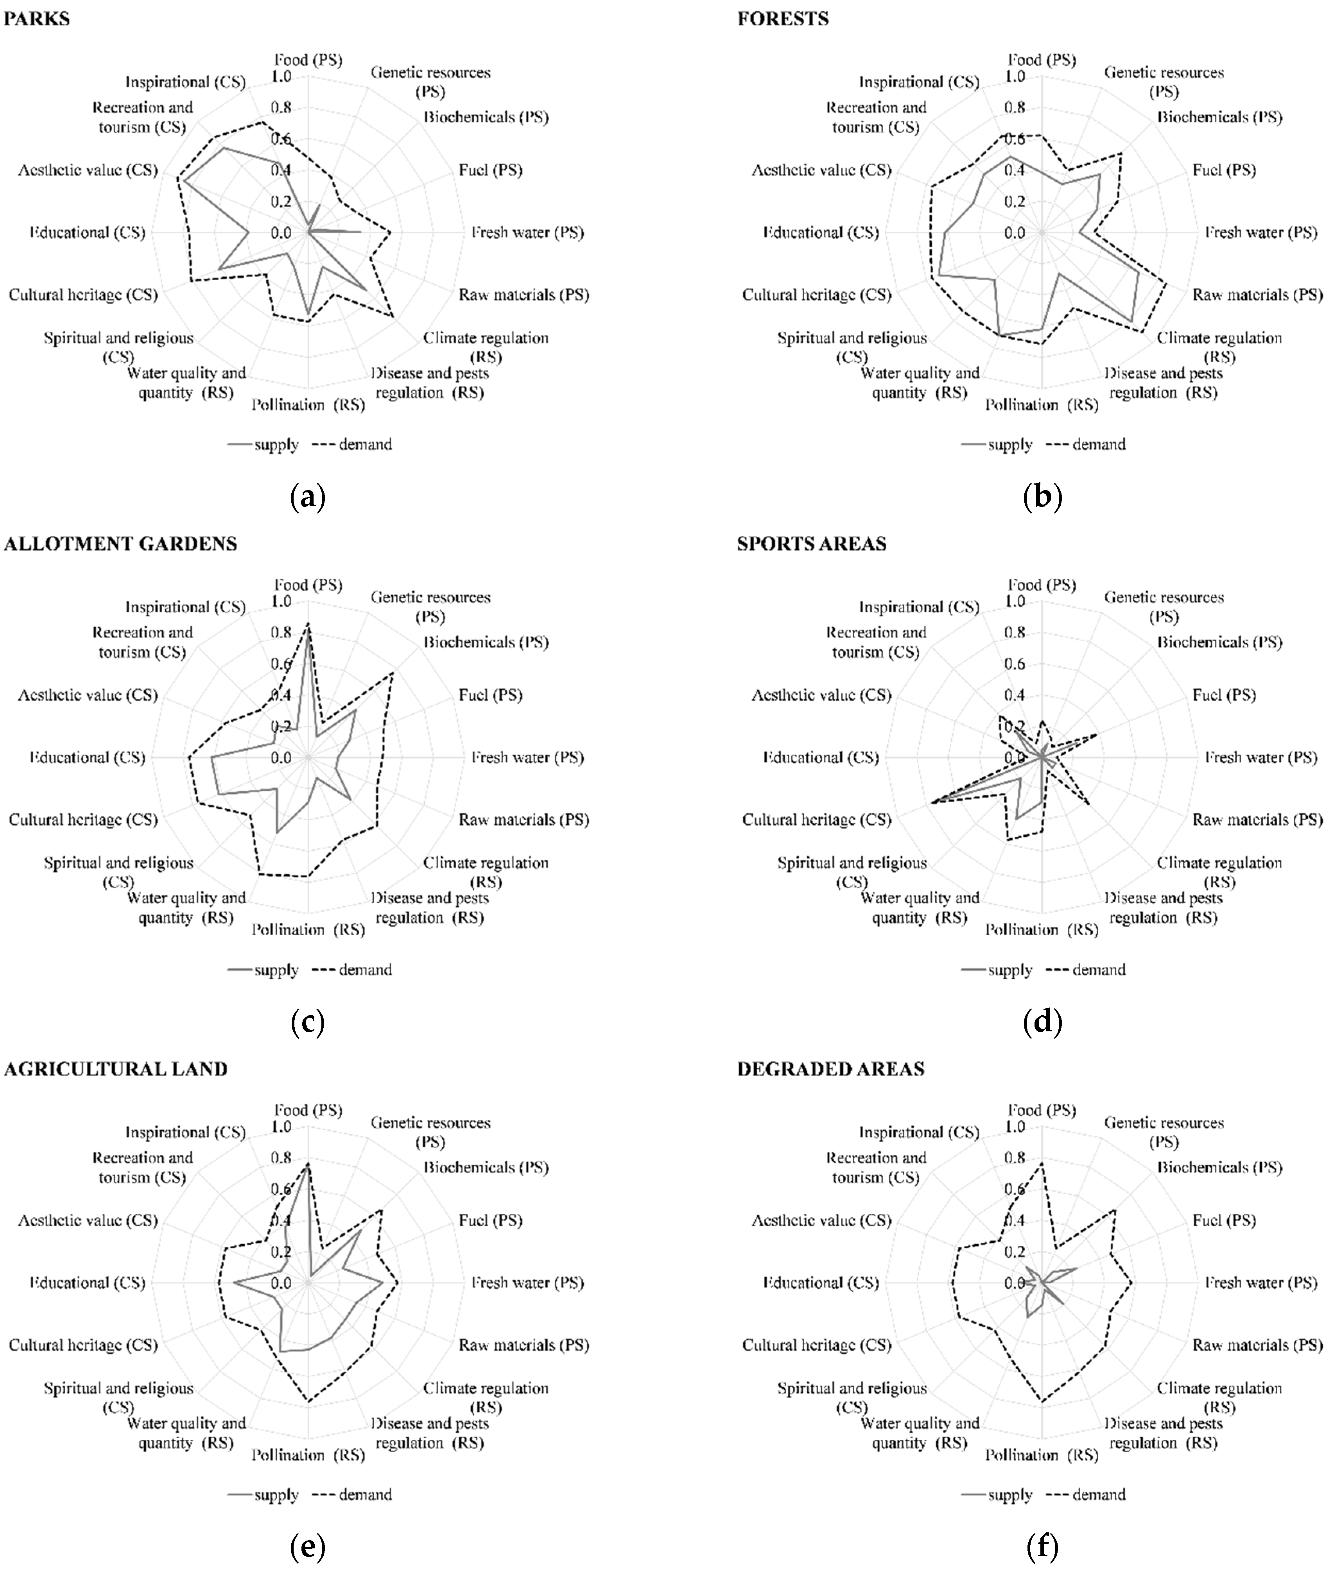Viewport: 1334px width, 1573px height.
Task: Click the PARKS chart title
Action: [x=37, y=19]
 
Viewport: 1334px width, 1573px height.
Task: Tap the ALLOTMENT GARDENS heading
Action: [x=120, y=544]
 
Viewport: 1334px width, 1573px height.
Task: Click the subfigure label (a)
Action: [x=308, y=497]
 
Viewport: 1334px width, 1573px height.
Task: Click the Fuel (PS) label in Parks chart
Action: [x=490, y=170]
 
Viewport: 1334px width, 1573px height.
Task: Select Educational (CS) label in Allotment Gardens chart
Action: [x=87, y=757]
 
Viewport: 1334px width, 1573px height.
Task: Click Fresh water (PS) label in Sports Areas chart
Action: [x=1260, y=757]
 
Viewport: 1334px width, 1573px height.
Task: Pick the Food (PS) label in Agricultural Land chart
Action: [x=308, y=1110]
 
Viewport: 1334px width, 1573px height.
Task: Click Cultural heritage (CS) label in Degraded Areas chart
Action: [x=817, y=1345]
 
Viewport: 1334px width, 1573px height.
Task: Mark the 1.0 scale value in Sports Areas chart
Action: [x=1015, y=602]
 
